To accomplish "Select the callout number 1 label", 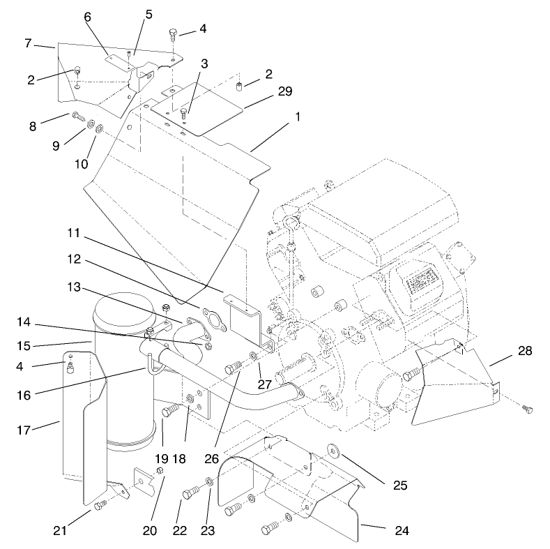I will click(298, 116).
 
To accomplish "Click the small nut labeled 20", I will click(158, 472).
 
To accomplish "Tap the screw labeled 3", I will click(184, 112).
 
